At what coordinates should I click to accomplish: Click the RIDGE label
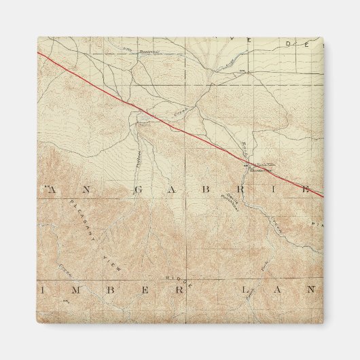tap(178, 278)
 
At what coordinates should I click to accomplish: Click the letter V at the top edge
tap(249, 41)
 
